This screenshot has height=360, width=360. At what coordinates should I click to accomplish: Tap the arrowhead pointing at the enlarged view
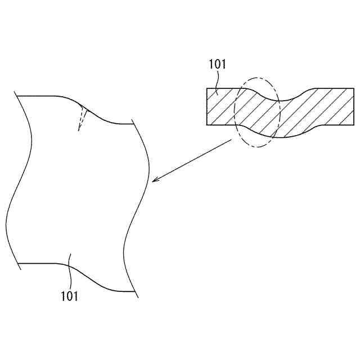click(154, 181)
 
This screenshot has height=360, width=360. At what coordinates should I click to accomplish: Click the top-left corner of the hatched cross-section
click(208, 88)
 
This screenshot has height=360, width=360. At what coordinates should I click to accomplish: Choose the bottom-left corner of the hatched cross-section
click(208, 125)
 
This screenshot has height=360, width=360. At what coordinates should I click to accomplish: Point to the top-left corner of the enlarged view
click(19, 96)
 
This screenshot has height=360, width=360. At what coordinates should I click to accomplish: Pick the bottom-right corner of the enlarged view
click(134, 291)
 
